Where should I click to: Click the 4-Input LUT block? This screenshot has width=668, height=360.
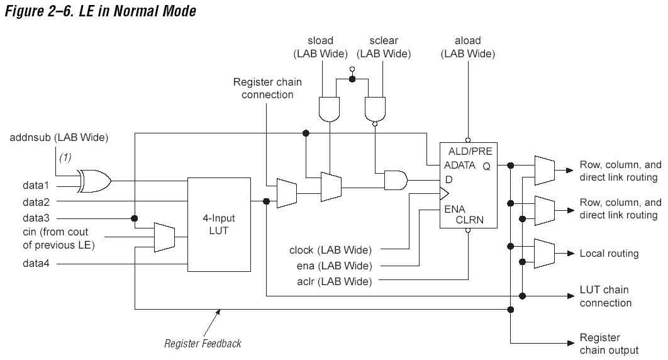(x=219, y=225)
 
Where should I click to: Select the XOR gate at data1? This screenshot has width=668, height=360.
(x=94, y=181)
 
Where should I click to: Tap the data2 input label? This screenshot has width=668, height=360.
(x=36, y=201)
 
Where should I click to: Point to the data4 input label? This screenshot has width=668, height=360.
(x=36, y=263)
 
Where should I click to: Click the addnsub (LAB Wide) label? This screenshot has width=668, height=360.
(x=58, y=138)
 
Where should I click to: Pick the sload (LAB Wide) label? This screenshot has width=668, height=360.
(x=320, y=47)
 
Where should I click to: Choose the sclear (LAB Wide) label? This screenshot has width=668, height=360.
(x=384, y=47)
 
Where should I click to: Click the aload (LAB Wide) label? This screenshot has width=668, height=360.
(x=468, y=47)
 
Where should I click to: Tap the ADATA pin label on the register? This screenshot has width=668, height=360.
(x=460, y=165)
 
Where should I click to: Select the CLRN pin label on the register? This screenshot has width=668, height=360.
(x=469, y=220)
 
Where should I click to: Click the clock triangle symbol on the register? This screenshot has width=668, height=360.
(x=444, y=194)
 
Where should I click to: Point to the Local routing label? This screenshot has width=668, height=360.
(x=610, y=254)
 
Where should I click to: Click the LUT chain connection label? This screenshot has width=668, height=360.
(x=605, y=296)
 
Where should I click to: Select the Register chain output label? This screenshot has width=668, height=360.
(x=610, y=344)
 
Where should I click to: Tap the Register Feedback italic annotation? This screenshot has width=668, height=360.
(x=203, y=344)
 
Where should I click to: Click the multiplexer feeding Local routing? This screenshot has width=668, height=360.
(x=545, y=254)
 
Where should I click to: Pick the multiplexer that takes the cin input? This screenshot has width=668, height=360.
(x=164, y=237)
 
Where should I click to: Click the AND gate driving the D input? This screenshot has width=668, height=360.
(x=396, y=180)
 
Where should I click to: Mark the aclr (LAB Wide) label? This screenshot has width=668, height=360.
(x=335, y=281)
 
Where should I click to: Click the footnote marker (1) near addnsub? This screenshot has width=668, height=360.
(x=65, y=157)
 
